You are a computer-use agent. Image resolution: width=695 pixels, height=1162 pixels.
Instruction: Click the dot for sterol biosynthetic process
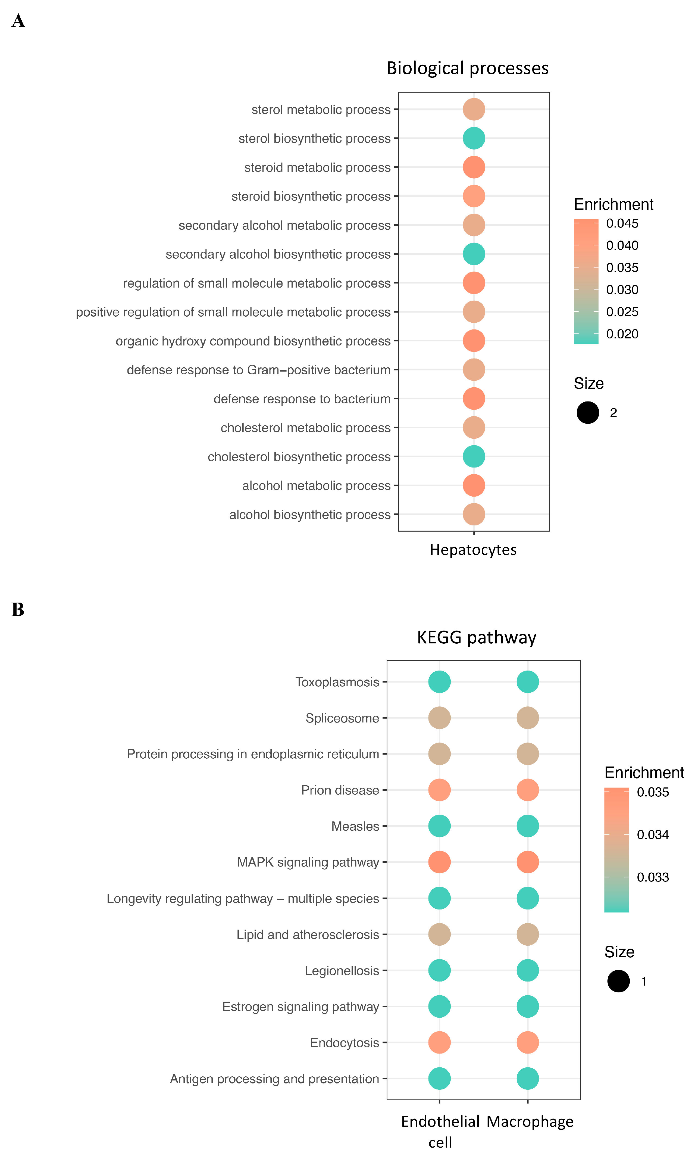pyautogui.click(x=474, y=138)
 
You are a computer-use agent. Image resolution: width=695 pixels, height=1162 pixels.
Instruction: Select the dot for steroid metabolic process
pyautogui.click(x=474, y=167)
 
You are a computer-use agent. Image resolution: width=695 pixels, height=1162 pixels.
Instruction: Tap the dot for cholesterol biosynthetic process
pyautogui.click(x=474, y=456)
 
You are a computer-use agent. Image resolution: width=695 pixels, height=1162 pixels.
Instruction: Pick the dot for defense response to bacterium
pyautogui.click(x=474, y=399)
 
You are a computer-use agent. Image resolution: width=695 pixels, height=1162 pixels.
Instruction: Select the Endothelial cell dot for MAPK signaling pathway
pyautogui.click(x=439, y=862)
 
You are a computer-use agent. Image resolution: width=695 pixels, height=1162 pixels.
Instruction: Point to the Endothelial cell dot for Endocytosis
pyautogui.click(x=439, y=1042)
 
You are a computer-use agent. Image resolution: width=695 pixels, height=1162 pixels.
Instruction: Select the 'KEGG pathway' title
pyautogui.click(x=476, y=638)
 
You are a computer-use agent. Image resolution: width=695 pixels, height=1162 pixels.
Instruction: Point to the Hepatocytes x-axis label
pyautogui.click(x=473, y=550)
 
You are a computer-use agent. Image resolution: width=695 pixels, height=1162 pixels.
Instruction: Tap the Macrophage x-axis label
pyautogui.click(x=530, y=1122)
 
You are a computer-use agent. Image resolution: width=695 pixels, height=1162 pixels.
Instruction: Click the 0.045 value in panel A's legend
pyautogui.click(x=622, y=223)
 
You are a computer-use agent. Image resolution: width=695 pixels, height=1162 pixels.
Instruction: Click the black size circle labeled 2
pyautogui.click(x=588, y=413)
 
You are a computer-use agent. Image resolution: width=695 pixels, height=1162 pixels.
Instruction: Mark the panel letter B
pyautogui.click(x=18, y=610)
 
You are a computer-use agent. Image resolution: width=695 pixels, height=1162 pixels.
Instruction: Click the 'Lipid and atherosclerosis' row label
pyautogui.click(x=307, y=935)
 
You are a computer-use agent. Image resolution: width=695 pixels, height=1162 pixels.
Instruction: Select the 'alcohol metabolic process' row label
pyautogui.click(x=316, y=486)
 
